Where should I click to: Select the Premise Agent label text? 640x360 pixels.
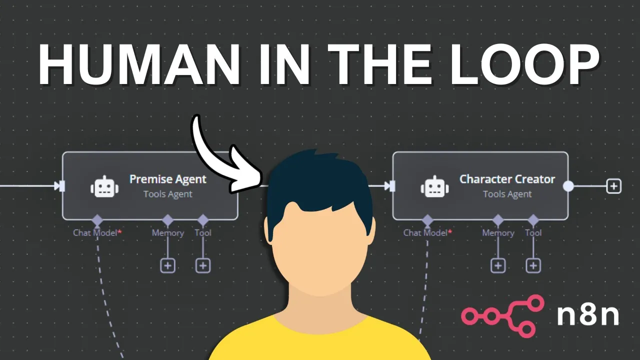point(168,179)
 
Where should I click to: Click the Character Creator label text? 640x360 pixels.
point(507,179)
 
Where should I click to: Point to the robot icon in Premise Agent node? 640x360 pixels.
point(104,186)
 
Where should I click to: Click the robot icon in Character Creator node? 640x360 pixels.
point(434,186)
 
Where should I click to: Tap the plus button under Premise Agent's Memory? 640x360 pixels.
point(168,265)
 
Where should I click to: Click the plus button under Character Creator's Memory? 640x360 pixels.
point(498,265)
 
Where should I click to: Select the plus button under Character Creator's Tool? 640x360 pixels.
point(533,265)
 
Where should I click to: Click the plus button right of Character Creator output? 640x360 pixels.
point(613,186)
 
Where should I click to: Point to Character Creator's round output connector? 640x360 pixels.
point(568,186)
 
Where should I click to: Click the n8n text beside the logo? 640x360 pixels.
point(588,316)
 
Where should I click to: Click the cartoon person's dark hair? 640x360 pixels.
point(320,180)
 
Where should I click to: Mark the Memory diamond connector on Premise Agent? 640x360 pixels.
point(168,220)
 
